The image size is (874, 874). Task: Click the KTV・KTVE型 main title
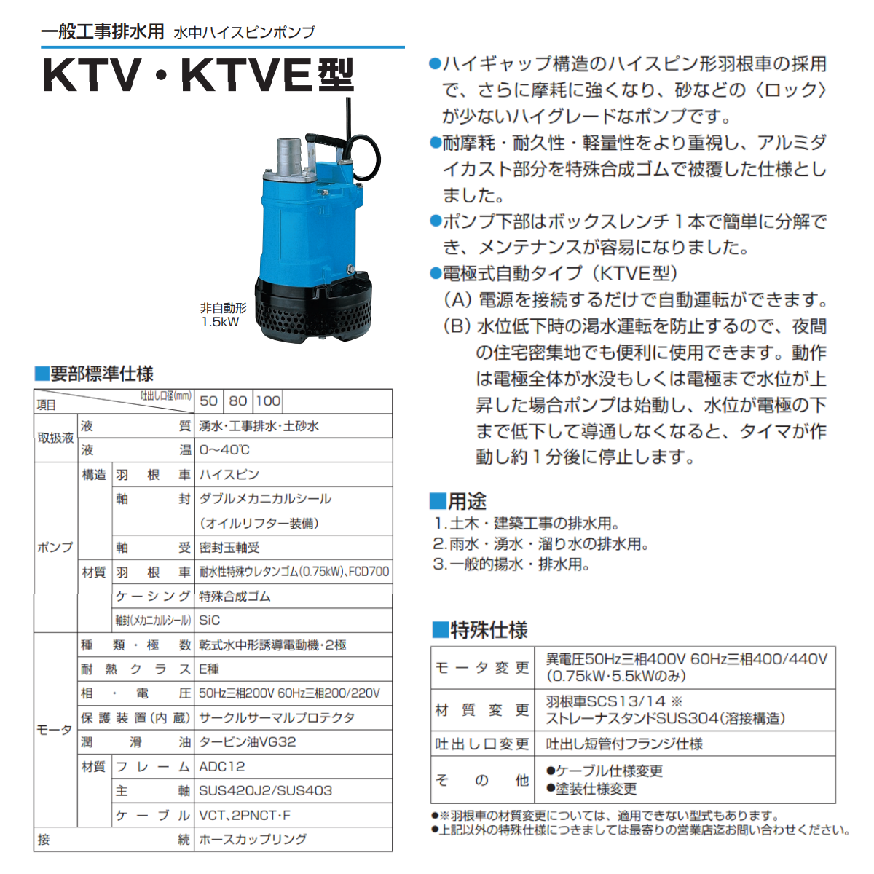pyautogui.click(x=198, y=76)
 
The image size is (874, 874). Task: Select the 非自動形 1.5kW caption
pyautogui.click(x=223, y=315)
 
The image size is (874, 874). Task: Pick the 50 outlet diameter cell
pyautogui.click(x=208, y=401)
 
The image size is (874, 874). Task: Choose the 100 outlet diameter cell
pyautogui.click(x=268, y=401)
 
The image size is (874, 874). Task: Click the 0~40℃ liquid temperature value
pyautogui.click(x=224, y=450)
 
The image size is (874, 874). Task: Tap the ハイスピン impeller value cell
pyautogui.click(x=229, y=475)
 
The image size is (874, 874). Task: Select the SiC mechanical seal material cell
pyautogui.click(x=210, y=621)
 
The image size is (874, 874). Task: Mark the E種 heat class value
pyautogui.click(x=209, y=669)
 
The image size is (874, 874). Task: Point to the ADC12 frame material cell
pyautogui.click(x=222, y=766)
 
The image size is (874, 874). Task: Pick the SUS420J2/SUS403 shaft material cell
pyautogui.click(x=265, y=790)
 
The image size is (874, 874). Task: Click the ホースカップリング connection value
pyautogui.click(x=253, y=840)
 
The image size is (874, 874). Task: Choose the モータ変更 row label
pyautogui.click(x=482, y=668)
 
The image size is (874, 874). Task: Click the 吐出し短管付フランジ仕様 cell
pyautogui.click(x=624, y=744)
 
